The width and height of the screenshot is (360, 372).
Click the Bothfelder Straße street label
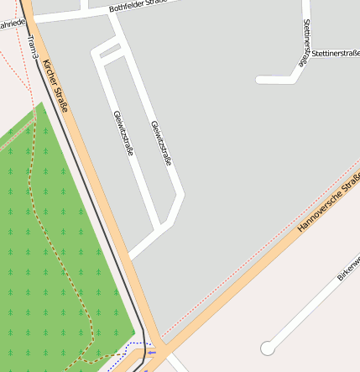click(x=139, y=7)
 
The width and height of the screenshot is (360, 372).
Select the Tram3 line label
click(x=32, y=46)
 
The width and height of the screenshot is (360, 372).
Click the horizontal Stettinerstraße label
click(x=333, y=52)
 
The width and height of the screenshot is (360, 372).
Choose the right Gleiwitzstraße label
click(x=161, y=142)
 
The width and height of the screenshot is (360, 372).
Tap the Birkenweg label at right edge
click(x=348, y=270)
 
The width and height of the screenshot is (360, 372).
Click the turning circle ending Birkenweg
click(x=268, y=348)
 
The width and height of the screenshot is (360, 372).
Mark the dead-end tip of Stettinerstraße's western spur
click(x=258, y=81)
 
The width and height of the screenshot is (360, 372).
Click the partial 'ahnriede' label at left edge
click(x=12, y=24)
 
